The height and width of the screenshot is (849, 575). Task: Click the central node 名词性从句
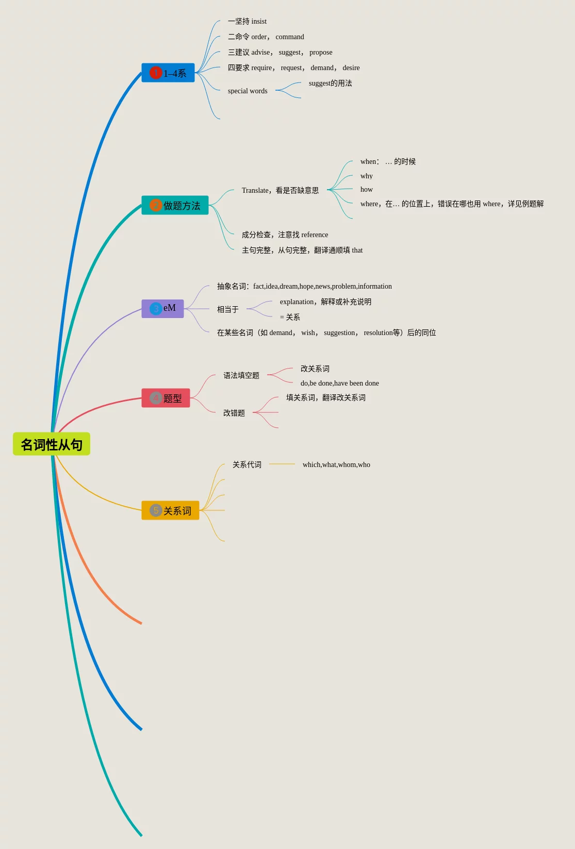coord(52,444)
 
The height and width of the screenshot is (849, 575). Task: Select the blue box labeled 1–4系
coord(168,73)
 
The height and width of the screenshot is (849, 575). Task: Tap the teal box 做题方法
coord(175,205)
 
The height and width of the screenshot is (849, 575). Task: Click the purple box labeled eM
coord(162,308)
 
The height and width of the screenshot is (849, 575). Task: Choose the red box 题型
coord(166,398)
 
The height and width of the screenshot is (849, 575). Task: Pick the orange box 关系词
coord(170,510)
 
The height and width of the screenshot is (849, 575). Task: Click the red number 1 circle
coord(155,73)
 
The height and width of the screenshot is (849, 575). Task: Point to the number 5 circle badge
coord(156,510)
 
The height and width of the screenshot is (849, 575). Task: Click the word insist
coord(259,22)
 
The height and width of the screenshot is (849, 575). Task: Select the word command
coord(290,37)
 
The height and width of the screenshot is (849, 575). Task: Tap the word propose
coord(321,53)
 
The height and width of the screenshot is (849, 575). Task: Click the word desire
coord(351,68)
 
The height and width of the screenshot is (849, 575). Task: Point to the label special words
coord(248,91)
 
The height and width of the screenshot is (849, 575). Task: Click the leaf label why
coord(367,176)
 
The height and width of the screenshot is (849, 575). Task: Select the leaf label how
coord(367,190)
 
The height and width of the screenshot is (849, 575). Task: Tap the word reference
coord(315,235)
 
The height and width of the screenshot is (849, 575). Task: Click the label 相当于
coord(228,309)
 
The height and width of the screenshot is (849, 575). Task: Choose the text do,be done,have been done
coord(340,384)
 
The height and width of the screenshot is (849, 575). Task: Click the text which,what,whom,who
coord(336,465)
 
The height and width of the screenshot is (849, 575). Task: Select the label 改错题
coord(234,413)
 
